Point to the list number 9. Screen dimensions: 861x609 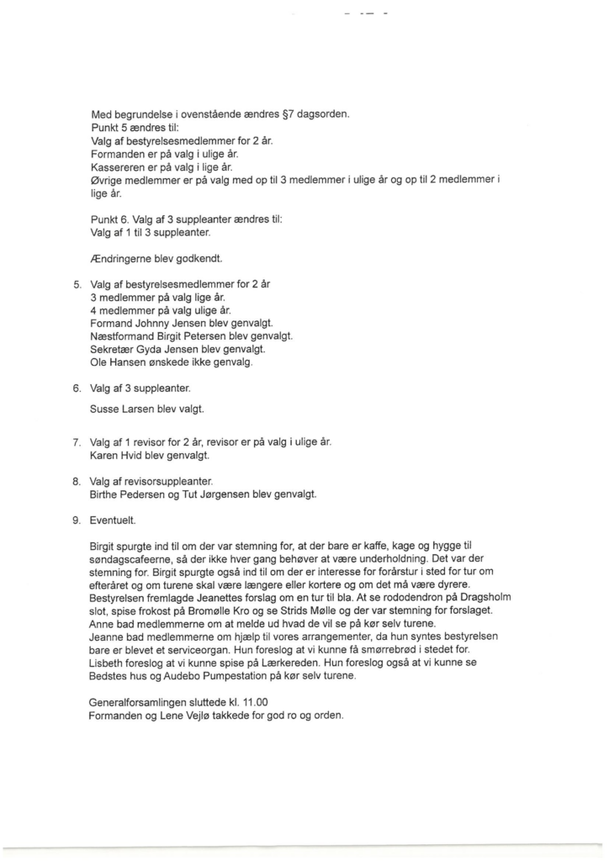(x=77, y=520)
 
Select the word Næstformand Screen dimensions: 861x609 (x=119, y=335)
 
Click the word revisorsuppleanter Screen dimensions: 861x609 (x=163, y=481)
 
